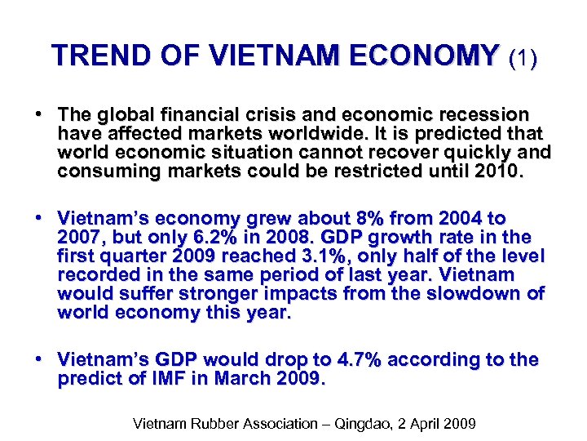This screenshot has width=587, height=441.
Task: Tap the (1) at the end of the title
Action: (x=522, y=57)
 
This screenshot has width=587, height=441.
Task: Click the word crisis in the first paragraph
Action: (x=277, y=115)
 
